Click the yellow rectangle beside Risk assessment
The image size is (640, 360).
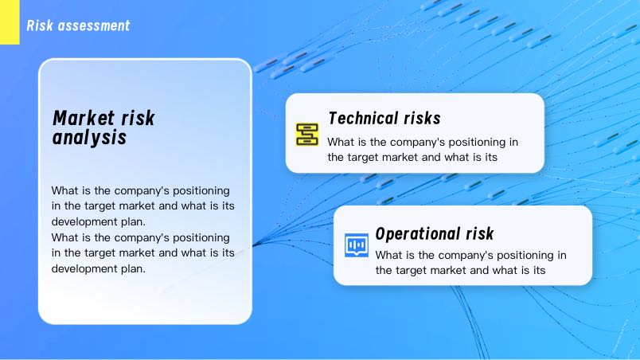(x=10, y=22)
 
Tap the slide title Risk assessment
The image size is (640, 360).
(x=78, y=25)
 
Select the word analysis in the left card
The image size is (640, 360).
(x=89, y=138)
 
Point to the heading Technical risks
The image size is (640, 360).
(x=384, y=119)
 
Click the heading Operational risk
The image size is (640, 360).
(x=435, y=234)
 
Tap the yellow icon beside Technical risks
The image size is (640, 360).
(x=307, y=135)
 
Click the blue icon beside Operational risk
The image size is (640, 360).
(x=357, y=245)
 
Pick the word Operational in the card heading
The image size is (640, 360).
(x=418, y=234)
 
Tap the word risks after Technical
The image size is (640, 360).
(x=423, y=119)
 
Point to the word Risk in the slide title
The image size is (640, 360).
(x=40, y=25)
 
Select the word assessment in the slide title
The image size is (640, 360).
(x=94, y=25)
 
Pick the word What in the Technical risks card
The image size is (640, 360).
(x=341, y=143)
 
